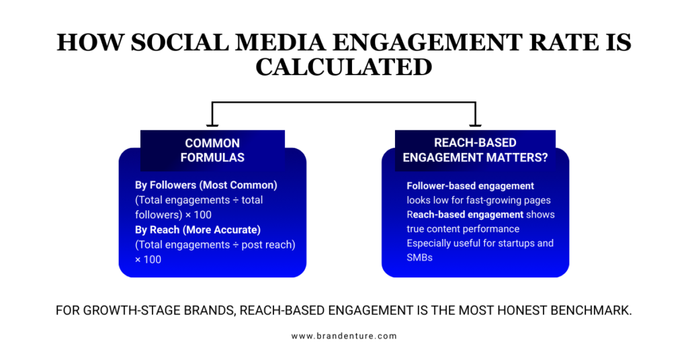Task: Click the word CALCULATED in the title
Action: coord(343,67)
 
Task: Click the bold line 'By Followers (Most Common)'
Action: coord(206,185)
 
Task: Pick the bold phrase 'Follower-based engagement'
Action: coord(470,185)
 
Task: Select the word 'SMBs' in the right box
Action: coord(419,257)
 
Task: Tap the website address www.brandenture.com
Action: coord(343,336)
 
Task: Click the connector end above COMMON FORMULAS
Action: coord(212,125)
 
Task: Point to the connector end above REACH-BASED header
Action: coord(475,125)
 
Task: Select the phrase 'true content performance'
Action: coord(463,229)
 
